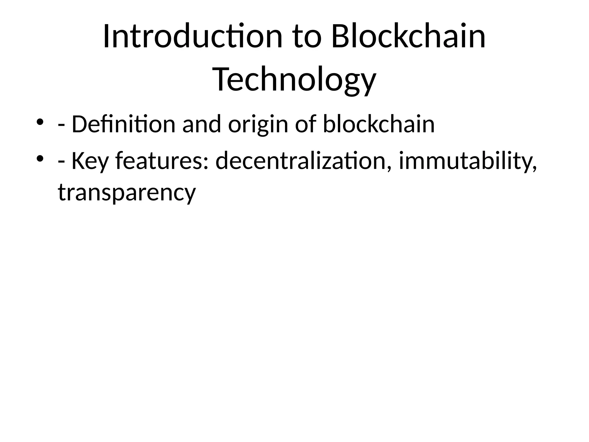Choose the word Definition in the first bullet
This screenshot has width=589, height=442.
(x=123, y=124)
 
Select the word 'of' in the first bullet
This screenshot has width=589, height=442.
(x=305, y=124)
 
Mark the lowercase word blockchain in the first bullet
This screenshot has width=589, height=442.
(x=379, y=124)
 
